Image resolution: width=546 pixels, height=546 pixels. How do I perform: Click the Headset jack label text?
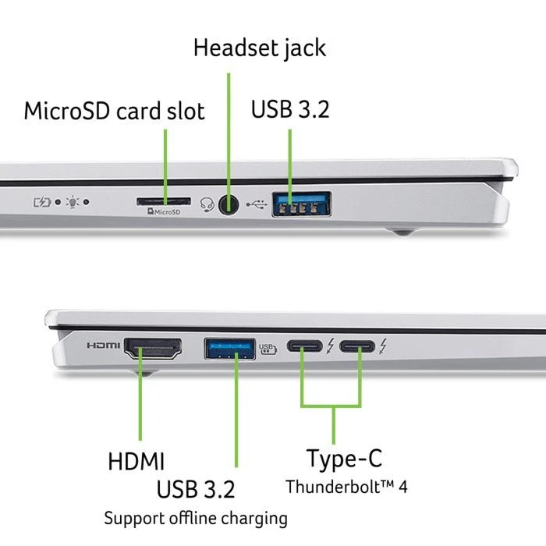[x=260, y=48]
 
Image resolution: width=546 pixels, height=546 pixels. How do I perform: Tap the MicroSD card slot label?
[x=115, y=110]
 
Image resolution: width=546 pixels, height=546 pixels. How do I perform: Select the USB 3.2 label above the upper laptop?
[x=290, y=109]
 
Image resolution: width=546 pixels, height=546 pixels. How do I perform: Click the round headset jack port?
[x=229, y=204]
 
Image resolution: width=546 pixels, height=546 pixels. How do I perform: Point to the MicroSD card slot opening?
[x=164, y=200]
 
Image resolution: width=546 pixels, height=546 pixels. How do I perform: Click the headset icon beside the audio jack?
[x=207, y=204]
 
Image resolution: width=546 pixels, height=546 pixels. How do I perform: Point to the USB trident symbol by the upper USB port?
[x=255, y=205]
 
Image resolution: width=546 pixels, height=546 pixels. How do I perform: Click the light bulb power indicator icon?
[x=73, y=202]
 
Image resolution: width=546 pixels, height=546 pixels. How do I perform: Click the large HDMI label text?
[x=136, y=460]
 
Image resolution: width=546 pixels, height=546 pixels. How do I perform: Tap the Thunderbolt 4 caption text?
[x=346, y=487]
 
